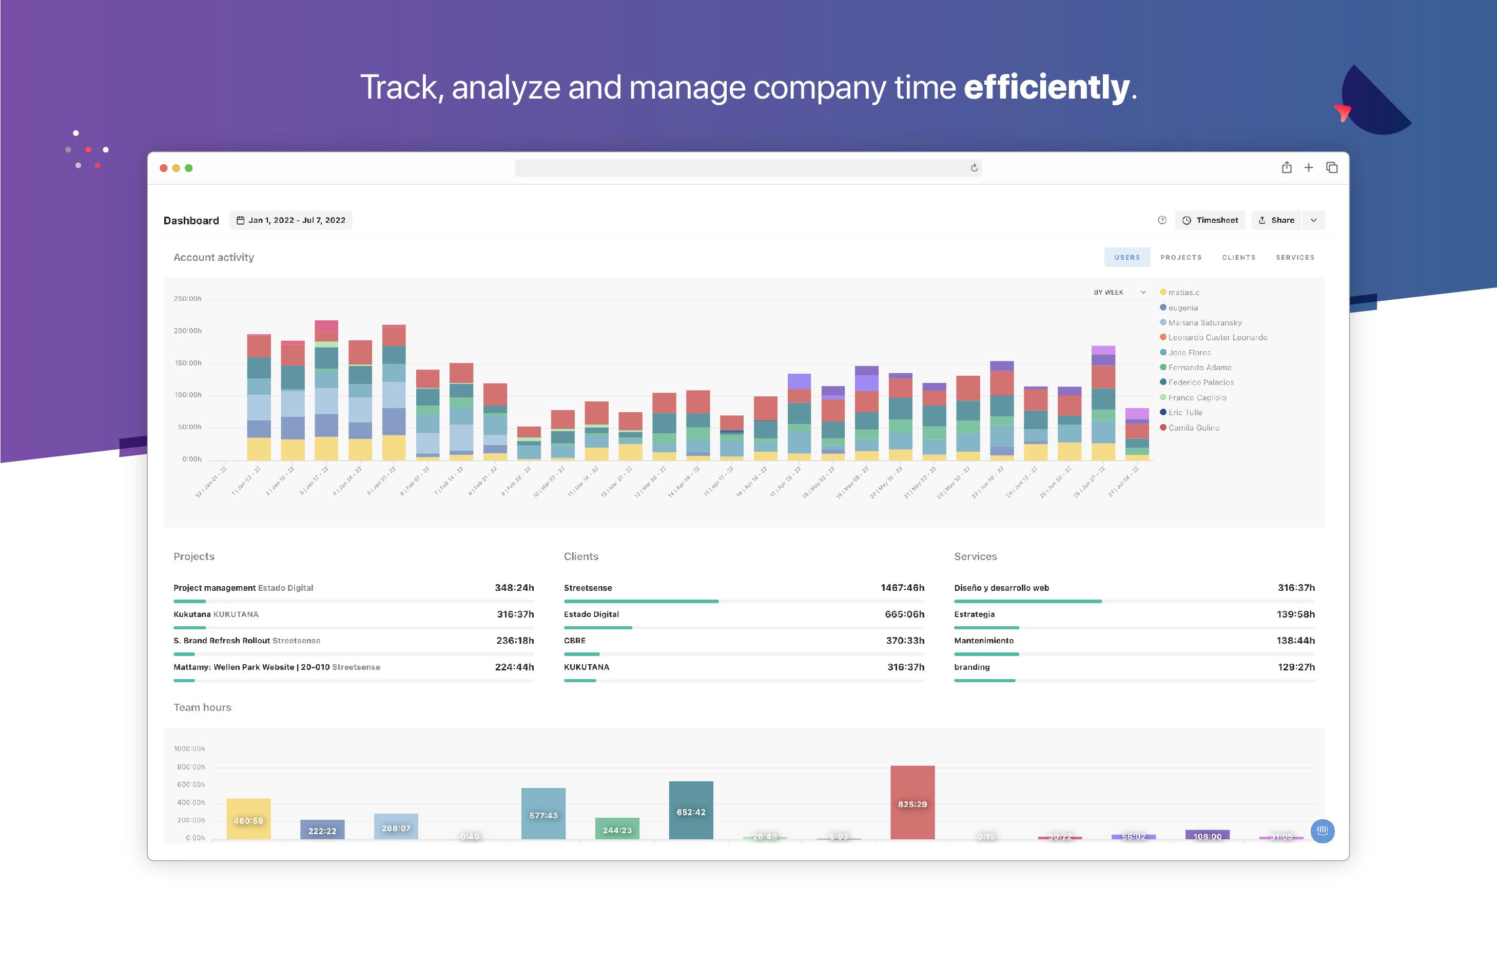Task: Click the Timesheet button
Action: [1210, 220]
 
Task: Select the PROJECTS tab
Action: [1181, 257]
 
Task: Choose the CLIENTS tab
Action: [1238, 257]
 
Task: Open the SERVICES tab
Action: [1294, 257]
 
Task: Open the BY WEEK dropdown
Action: [1119, 292]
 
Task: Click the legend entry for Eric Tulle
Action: [1184, 413]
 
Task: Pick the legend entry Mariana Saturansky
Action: [1204, 323]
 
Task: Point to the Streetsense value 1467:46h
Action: [902, 588]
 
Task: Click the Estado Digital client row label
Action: [591, 614]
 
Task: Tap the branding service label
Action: [971, 667]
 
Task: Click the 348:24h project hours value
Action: [514, 588]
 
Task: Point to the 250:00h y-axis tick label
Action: [187, 298]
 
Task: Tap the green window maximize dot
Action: [189, 168]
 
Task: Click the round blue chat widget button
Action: [1322, 831]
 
